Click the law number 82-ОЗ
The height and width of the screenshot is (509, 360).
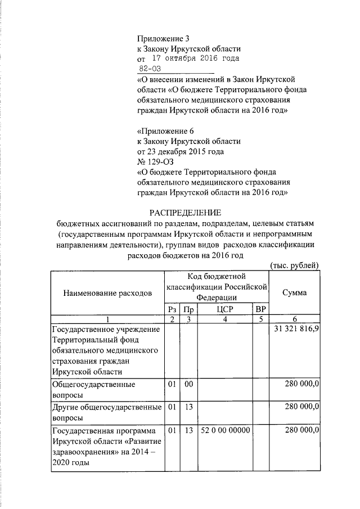click(150, 69)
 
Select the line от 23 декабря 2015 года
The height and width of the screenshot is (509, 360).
click(181, 151)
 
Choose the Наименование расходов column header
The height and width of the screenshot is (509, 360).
click(107, 293)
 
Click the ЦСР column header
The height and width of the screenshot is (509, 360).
click(224, 309)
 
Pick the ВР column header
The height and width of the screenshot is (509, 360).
click(260, 309)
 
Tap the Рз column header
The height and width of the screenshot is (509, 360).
click(172, 309)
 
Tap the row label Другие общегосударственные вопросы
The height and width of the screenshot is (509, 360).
click(106, 412)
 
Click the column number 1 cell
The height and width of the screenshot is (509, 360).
click(107, 319)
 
